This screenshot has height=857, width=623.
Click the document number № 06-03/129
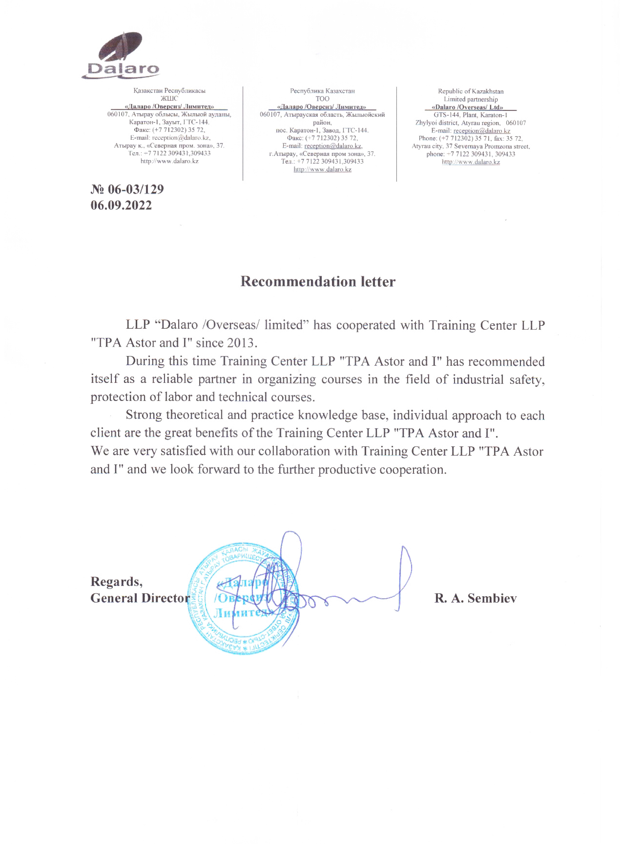(127, 189)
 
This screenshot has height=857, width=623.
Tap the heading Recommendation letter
(318, 281)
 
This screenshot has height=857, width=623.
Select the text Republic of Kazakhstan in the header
(470, 91)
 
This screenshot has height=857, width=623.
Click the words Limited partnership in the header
(470, 99)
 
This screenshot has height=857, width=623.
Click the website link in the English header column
(470, 162)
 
